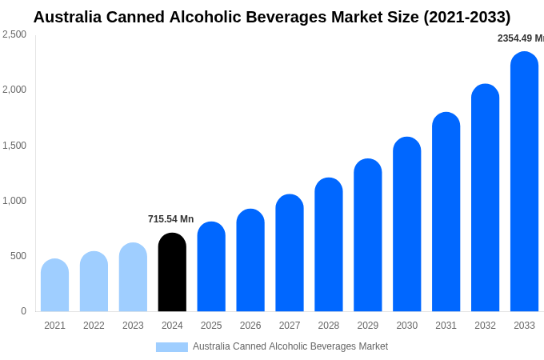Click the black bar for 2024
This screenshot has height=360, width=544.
[x=172, y=273]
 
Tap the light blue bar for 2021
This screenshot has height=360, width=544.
[x=54, y=286]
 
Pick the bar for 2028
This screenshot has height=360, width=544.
[x=328, y=245]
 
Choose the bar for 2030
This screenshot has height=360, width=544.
[x=406, y=225]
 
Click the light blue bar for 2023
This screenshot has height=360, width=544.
[x=133, y=278]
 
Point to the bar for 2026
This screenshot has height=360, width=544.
[x=250, y=261]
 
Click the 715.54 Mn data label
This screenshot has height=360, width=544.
[x=170, y=219]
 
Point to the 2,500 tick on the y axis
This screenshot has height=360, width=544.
[x=14, y=34]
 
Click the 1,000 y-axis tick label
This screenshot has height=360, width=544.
[x=14, y=201]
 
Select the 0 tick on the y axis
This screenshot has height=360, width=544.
[x=23, y=311]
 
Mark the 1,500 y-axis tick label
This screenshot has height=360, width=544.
[x=14, y=146]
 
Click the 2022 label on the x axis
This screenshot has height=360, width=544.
[x=94, y=326]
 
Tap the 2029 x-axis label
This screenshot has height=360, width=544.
[x=367, y=326]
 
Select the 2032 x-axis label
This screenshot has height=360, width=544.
[x=485, y=326]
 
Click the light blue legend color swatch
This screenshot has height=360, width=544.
[x=171, y=347]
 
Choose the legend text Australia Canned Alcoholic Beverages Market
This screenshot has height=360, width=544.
[x=290, y=346]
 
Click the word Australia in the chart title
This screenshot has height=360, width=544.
[x=71, y=17]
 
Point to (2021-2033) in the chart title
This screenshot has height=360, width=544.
[x=466, y=17]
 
